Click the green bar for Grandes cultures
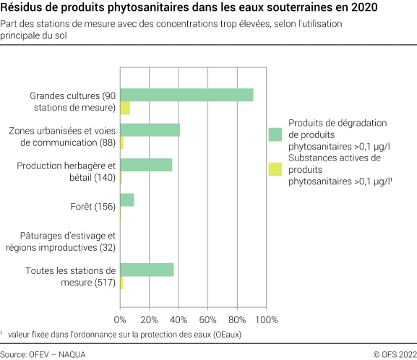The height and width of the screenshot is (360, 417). (186, 95)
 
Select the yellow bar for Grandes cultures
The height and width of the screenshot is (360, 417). (125, 108)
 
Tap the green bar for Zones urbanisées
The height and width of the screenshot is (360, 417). (150, 130)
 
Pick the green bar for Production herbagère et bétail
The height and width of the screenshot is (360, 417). (146, 165)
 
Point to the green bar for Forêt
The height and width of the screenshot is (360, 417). (127, 200)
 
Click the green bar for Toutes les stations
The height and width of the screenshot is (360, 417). (147, 270)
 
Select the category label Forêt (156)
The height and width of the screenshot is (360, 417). (95, 207)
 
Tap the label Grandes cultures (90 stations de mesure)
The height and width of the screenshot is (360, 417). (72, 102)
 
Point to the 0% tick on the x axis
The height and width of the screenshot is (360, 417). (120, 319)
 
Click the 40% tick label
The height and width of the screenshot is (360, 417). (179, 319)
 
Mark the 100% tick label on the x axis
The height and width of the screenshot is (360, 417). (265, 319)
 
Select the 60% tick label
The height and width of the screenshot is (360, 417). (207, 319)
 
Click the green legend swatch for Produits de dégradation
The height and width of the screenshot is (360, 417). (275, 134)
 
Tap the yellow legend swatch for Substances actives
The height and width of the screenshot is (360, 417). (275, 170)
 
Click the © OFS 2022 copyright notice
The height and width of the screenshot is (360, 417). (393, 353)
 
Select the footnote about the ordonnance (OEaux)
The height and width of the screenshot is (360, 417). (123, 335)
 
